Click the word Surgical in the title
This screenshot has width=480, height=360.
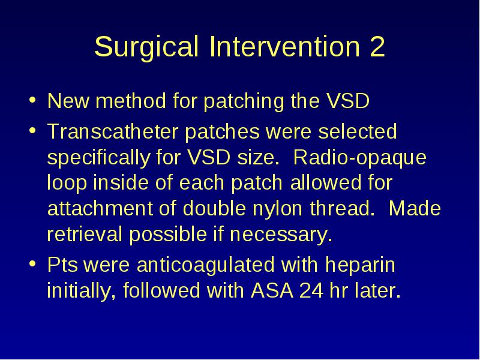tap(146, 47)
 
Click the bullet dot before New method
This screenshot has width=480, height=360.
tap(32, 100)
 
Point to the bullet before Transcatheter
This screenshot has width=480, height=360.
tap(32, 130)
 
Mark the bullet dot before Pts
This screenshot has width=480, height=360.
tap(32, 263)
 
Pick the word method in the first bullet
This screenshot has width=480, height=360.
tap(131, 101)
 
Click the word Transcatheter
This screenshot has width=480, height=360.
tap(113, 131)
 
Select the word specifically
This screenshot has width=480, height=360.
tap(98, 158)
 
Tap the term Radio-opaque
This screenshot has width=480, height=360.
tap(359, 158)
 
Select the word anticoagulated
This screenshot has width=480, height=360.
tap(205, 265)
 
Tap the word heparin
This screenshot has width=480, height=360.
tap(360, 265)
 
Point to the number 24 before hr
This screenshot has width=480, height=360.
tap(311, 290)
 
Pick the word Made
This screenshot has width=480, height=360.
tap(415, 208)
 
